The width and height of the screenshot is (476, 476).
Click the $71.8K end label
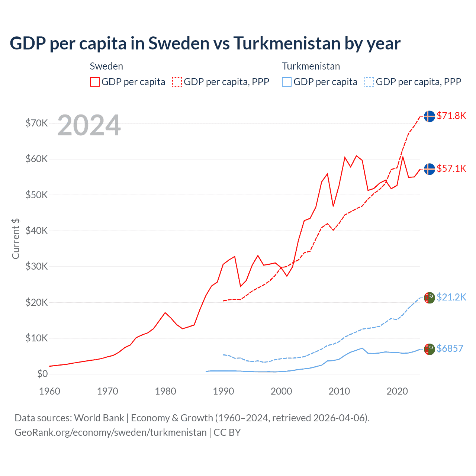coord(451,116)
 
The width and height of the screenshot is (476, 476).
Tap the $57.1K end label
coord(451,168)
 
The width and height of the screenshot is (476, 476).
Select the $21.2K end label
coord(451,297)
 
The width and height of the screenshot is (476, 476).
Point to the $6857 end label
coord(450,348)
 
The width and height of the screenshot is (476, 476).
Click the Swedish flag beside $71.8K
coord(430,116)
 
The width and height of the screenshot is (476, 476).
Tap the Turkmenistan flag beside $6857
coord(430,349)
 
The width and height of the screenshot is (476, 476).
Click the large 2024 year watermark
coord(89,125)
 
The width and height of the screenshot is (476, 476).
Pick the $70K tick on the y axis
coord(37,123)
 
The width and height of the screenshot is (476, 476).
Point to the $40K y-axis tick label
coord(37,231)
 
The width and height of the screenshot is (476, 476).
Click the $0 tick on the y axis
coord(42,374)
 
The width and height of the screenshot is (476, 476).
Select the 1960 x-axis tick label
coord(49,391)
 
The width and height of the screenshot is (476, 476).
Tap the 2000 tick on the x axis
coord(281,391)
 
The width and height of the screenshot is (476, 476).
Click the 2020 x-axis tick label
coord(397,391)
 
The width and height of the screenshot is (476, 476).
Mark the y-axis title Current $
coord(16,238)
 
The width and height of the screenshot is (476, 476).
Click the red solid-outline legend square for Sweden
coord(95,82)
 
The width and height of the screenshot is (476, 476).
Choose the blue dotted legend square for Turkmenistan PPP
coord(369,82)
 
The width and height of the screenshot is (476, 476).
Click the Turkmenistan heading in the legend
coord(311,66)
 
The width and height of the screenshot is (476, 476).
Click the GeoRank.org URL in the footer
coord(110,432)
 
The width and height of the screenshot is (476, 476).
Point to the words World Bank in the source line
coord(99,418)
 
